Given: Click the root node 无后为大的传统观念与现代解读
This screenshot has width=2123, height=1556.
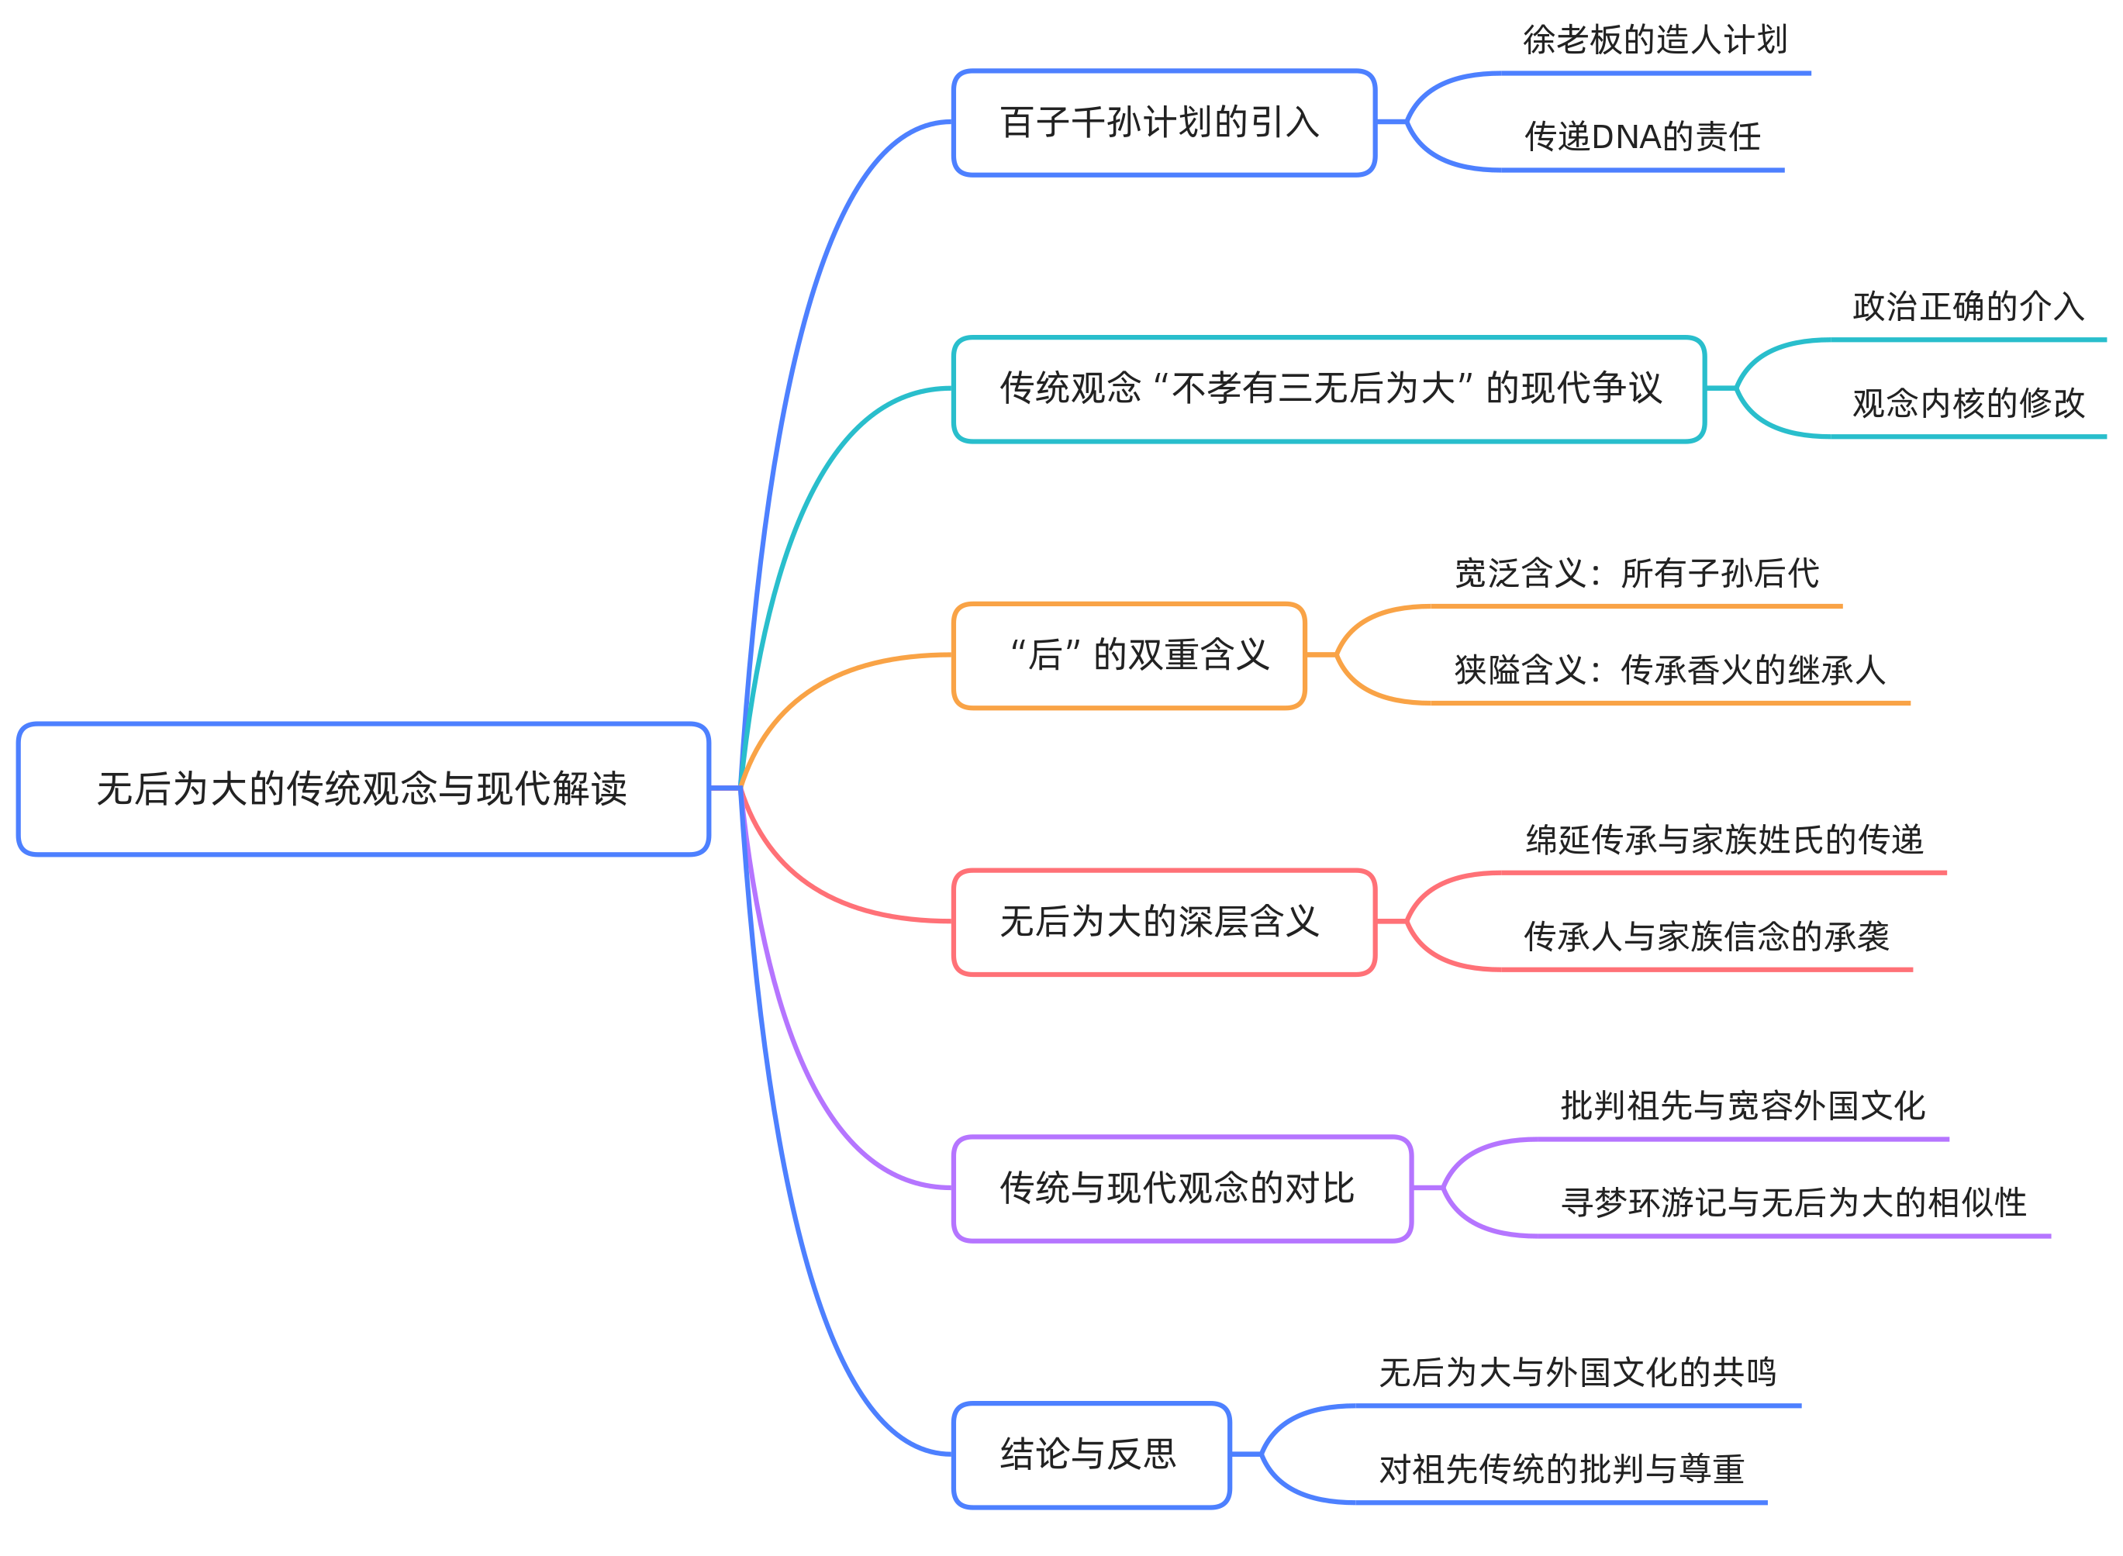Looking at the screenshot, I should click(363, 788).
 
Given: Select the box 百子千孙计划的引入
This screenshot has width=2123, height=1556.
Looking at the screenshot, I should click(1163, 122).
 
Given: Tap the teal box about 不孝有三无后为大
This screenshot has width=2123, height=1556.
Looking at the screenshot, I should click(1328, 388).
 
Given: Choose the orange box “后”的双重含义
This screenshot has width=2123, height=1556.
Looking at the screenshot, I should click(1128, 654).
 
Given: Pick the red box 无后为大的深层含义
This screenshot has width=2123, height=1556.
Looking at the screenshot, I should click(1163, 921).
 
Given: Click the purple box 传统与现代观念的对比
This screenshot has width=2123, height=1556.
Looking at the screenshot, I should click(1181, 1188).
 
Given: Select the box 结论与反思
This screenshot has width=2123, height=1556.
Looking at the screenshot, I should click(1091, 1454).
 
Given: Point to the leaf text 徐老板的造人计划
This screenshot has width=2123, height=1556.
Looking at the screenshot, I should click(1654, 40).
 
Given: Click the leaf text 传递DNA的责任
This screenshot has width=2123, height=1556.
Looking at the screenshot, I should click(1641, 136).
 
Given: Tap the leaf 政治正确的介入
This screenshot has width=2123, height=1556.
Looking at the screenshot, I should click(1968, 306).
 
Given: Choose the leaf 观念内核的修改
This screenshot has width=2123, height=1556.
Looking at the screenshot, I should click(1968, 403).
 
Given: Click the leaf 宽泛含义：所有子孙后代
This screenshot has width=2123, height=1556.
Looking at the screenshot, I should click(1636, 573).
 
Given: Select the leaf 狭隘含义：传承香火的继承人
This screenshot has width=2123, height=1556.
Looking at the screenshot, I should click(1669, 670).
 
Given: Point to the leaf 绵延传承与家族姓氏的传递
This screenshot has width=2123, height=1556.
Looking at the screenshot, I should click(1723, 839).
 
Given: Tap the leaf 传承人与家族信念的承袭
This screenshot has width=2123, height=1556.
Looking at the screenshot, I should click(1706, 937).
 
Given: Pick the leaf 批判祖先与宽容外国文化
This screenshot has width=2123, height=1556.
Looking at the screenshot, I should click(1742, 1106).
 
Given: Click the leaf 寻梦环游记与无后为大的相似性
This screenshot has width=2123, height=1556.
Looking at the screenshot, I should click(1793, 1202).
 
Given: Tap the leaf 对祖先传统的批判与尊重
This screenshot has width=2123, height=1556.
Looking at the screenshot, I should click(1561, 1469).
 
